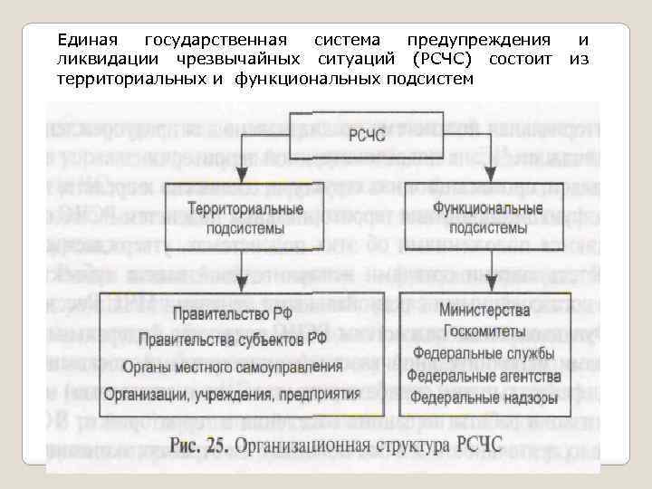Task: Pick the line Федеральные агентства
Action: click(484, 375)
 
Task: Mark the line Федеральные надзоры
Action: click(484, 397)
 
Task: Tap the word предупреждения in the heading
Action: click(478, 40)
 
